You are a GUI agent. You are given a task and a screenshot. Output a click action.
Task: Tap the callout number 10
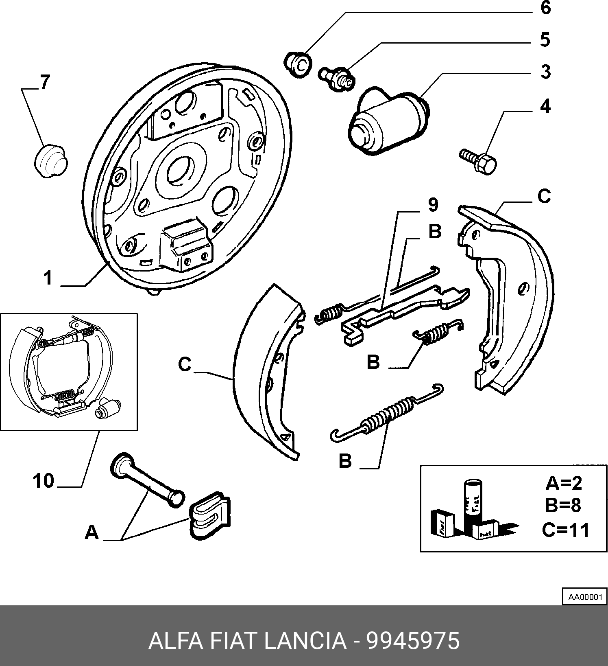pos(44,481)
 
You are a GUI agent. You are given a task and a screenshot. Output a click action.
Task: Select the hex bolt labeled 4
pos(478,161)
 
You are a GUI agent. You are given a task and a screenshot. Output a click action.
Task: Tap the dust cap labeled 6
pos(298,64)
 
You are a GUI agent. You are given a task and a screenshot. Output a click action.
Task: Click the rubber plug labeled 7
pos(50,160)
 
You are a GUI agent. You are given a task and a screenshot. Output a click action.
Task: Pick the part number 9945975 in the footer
pos(413,641)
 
